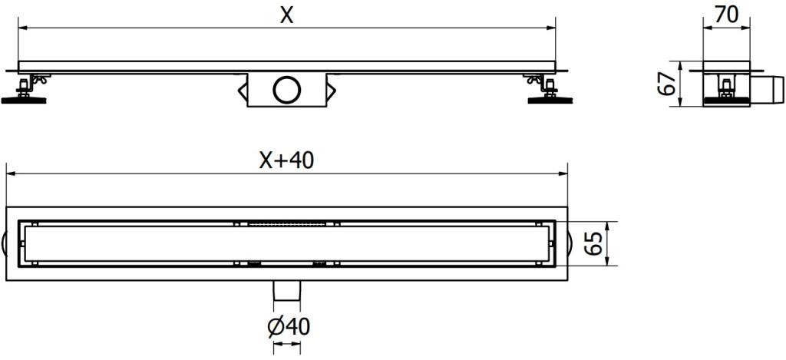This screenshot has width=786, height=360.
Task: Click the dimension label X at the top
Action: click(x=286, y=15)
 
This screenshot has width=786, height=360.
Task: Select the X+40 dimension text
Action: click(x=286, y=160)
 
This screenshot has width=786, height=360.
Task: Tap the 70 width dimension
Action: click(x=726, y=15)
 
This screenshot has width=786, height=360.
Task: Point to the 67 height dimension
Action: click(x=668, y=83)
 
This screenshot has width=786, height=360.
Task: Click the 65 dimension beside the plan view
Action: click(x=592, y=243)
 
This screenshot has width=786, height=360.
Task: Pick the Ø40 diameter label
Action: click(x=288, y=327)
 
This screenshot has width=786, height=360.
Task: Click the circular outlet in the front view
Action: click(x=287, y=90)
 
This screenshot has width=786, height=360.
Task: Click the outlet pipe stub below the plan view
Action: click(x=287, y=292)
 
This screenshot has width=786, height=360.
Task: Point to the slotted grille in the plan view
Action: click(x=287, y=224)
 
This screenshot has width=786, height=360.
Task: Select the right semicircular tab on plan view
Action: click(x=569, y=243)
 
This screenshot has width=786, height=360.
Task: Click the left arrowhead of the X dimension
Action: click(x=22, y=28)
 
